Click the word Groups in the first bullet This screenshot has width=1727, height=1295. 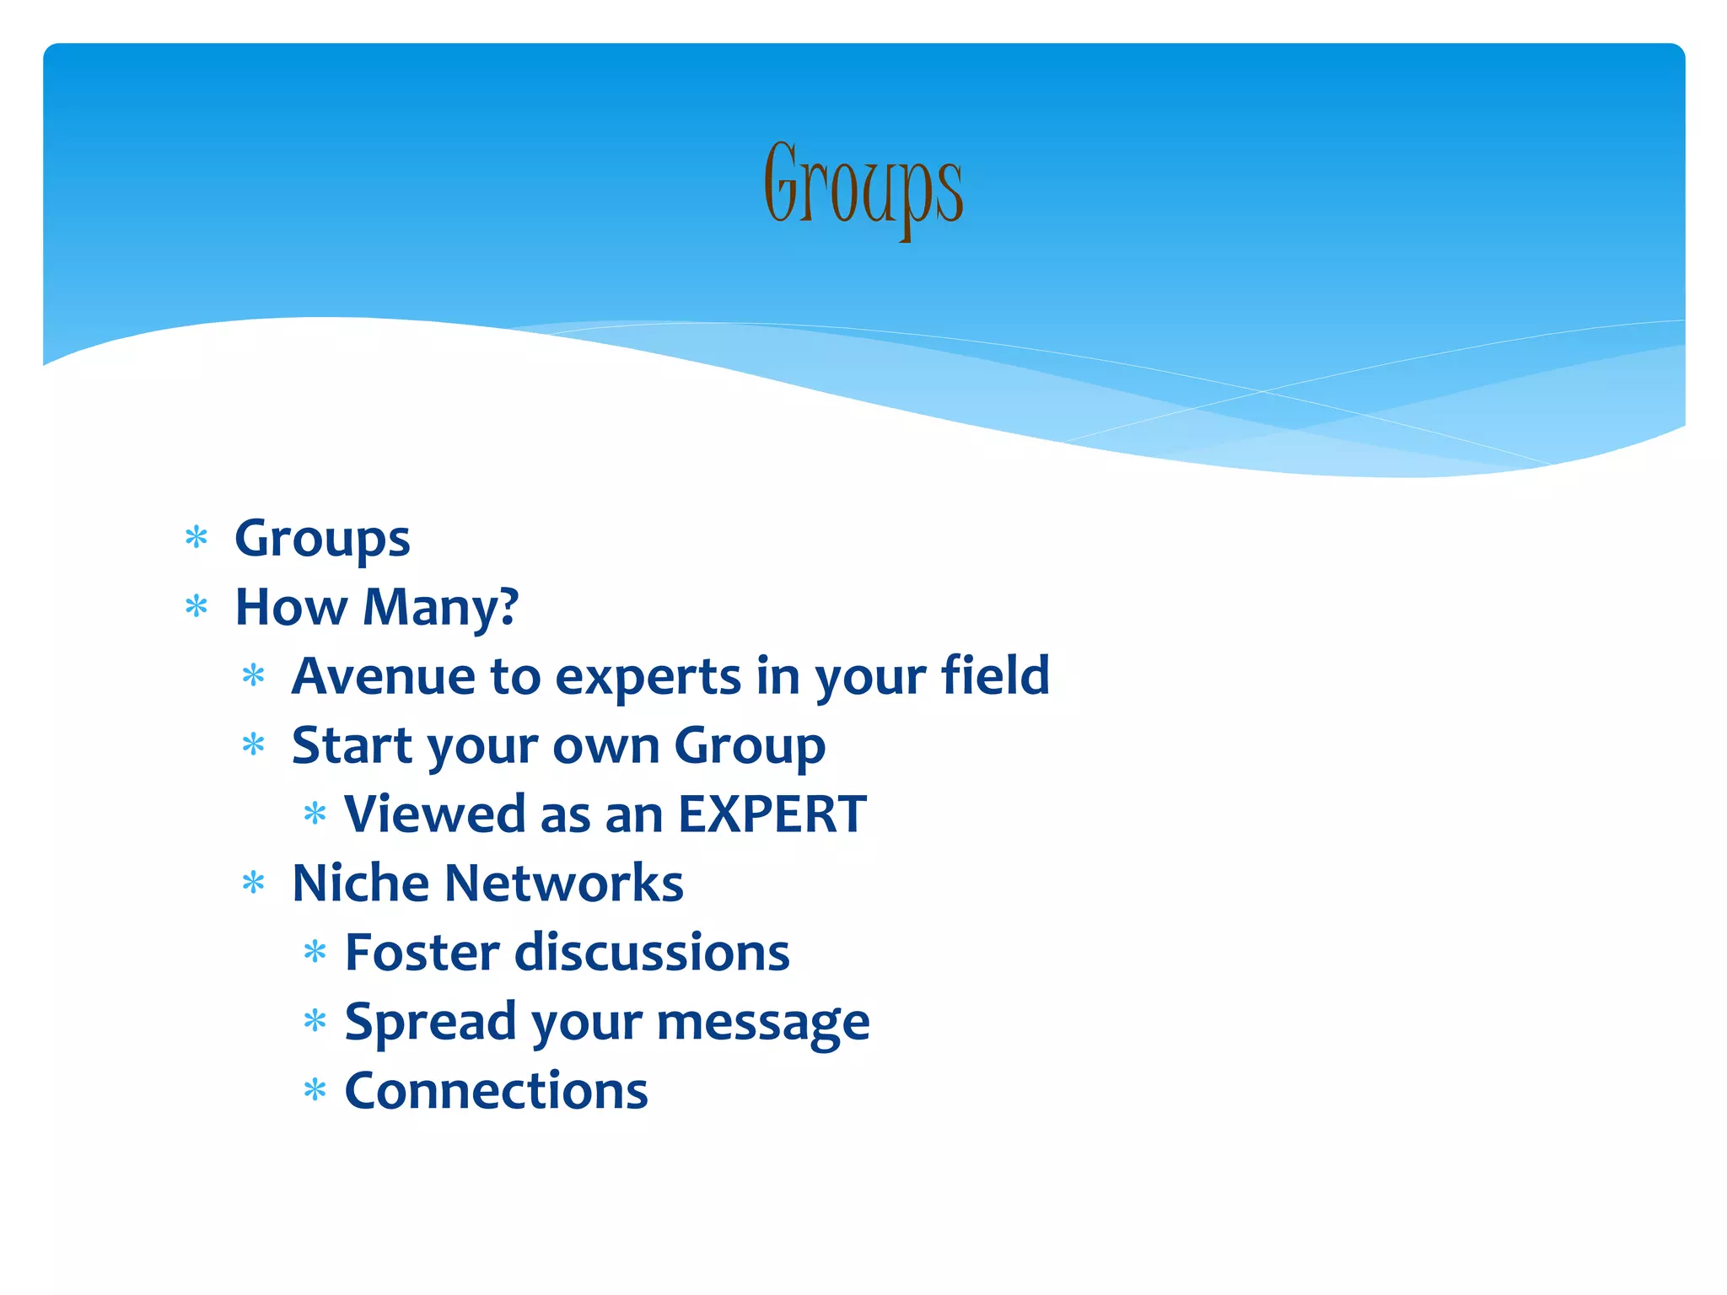[x=322, y=540]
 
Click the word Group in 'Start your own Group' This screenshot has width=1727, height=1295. [x=750, y=747]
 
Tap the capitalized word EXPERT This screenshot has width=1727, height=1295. [x=772, y=814]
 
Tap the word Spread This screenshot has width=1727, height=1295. [x=430, y=1023]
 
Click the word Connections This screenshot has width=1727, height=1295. [x=496, y=1091]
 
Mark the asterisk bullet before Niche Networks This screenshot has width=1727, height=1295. [x=253, y=883]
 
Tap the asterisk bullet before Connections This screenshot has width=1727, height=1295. [x=315, y=1090]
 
